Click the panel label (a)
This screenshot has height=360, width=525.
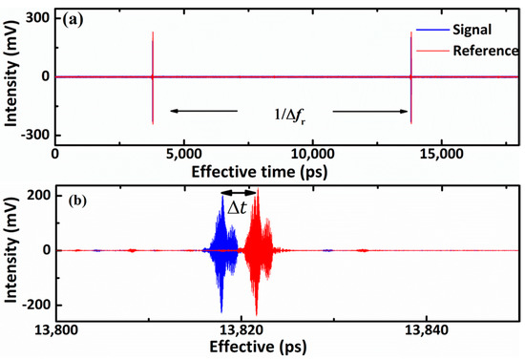(75, 19)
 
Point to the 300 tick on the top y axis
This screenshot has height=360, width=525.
(39, 19)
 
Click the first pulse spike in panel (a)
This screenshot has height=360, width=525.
(152, 76)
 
